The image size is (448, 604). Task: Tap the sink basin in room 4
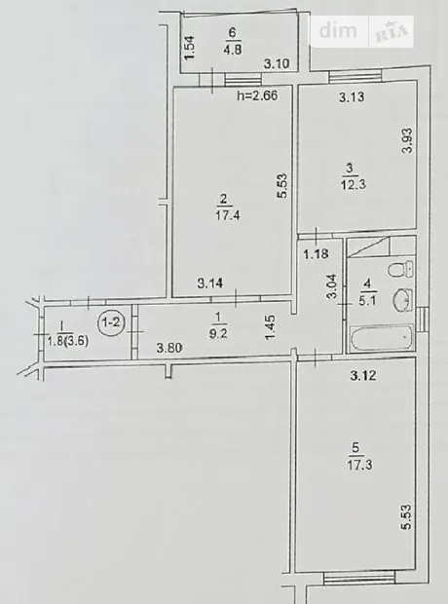402,300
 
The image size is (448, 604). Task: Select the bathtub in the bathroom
382,338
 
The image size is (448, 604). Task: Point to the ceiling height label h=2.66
257,95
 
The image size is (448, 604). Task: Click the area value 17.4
228,214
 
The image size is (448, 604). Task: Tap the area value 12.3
353,184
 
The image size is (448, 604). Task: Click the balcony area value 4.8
233,50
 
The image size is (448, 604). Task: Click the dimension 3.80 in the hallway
169,348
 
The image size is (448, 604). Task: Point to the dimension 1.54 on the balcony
191,48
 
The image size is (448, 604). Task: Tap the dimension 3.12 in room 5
363,375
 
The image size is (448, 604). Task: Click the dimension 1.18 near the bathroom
316,254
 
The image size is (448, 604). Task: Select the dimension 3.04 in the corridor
331,286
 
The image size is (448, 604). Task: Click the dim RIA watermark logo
362,31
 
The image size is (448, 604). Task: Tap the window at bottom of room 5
359,578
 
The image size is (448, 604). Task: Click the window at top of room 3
355,76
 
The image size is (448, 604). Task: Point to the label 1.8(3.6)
68,341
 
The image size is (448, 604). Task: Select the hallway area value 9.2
218,333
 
